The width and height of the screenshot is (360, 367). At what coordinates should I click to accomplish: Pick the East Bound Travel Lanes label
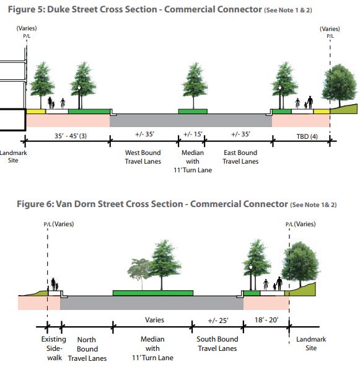click(240, 157)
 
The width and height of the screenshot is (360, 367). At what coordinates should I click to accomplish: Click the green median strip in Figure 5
click(193, 112)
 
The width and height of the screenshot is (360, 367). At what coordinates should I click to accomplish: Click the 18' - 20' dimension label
click(266, 321)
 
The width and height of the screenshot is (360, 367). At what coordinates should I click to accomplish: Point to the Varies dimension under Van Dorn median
click(154, 321)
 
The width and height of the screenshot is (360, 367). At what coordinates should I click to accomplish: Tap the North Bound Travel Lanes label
click(87, 349)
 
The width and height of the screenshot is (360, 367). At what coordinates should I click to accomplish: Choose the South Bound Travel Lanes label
click(217, 343)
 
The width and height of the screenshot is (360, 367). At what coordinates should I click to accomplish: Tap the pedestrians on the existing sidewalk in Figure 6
click(55, 285)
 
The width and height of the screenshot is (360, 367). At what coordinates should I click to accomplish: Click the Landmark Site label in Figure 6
click(312, 343)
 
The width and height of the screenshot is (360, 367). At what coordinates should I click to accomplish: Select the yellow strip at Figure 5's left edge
click(35, 111)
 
